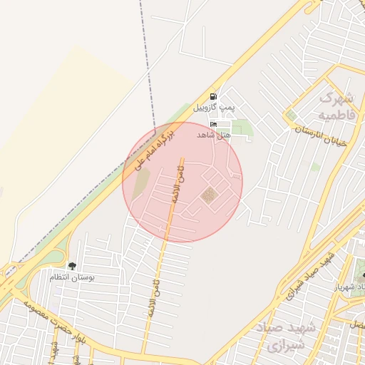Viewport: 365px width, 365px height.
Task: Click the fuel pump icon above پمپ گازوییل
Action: click(x=213, y=96)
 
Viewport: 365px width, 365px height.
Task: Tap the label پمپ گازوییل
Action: click(x=213, y=108)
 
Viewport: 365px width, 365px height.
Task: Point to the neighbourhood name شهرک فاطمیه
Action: click(x=336, y=105)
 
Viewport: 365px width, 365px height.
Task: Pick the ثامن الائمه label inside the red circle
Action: click(x=176, y=182)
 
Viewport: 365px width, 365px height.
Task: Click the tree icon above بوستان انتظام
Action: click(x=72, y=266)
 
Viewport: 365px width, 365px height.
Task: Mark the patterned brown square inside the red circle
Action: click(x=208, y=195)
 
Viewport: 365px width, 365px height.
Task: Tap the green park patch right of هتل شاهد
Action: click(x=243, y=128)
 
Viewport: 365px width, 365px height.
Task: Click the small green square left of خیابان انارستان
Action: click(x=291, y=115)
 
